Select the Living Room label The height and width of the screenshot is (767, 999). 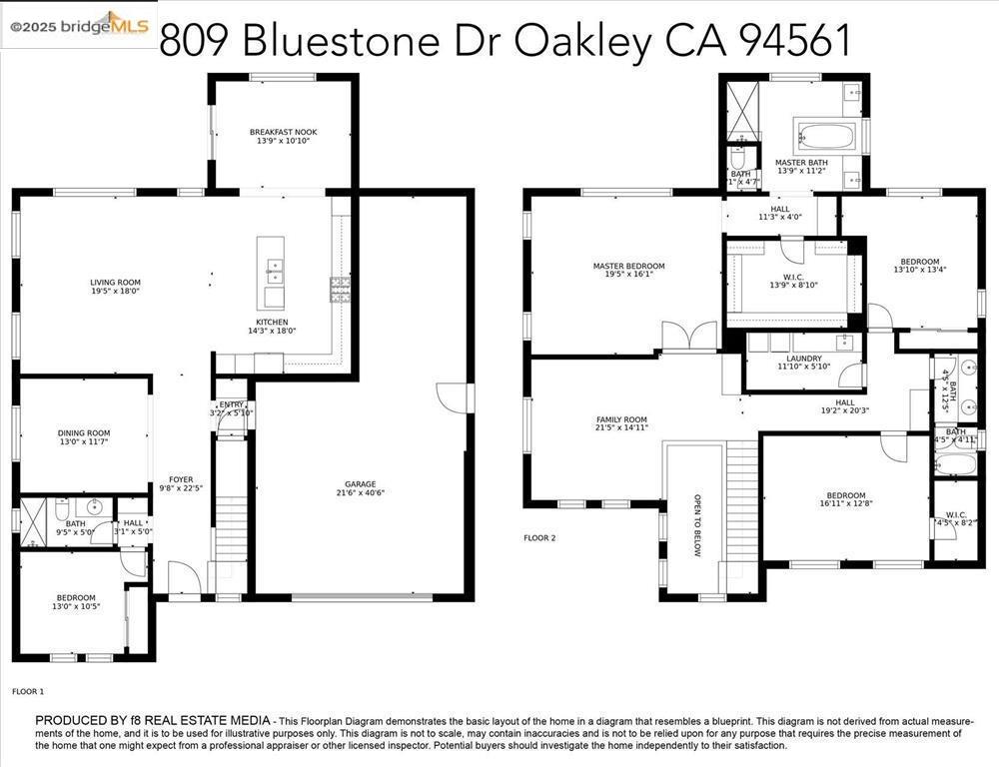116,287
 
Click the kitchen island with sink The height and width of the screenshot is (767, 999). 270,273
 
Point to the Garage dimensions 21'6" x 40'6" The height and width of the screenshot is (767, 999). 361,491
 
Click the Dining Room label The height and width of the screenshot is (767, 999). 84,437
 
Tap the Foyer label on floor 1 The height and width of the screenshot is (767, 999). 181,483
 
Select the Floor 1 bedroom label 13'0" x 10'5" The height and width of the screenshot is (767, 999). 75,602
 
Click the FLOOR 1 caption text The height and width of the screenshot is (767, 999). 28,691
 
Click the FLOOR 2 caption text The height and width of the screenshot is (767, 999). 539,538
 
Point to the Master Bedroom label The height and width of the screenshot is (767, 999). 628,271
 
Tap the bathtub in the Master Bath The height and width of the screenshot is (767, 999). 824,136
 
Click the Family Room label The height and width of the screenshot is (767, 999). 621,423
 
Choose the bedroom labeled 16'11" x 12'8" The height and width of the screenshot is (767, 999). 844,500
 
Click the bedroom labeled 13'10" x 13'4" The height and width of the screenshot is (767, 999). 919,266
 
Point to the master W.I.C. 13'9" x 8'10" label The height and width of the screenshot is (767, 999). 793,281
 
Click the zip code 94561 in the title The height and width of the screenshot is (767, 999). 795,40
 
